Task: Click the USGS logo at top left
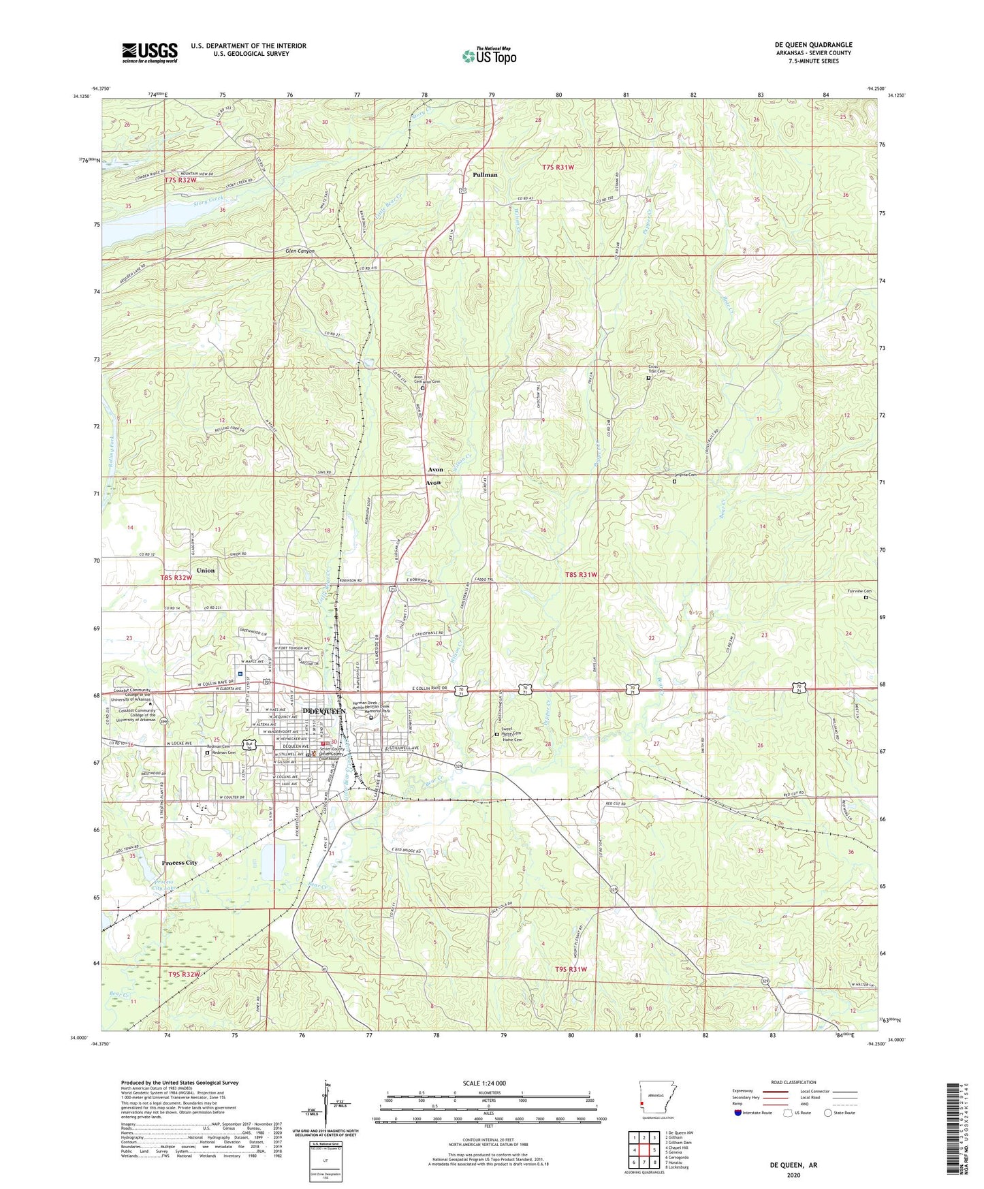click(x=149, y=52)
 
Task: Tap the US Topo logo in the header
click(x=489, y=56)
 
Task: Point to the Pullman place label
click(x=485, y=175)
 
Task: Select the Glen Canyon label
click(x=300, y=251)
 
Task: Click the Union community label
click(x=205, y=571)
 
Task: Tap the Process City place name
click(x=179, y=863)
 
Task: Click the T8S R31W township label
click(x=581, y=575)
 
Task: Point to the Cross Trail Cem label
click(x=656, y=369)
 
